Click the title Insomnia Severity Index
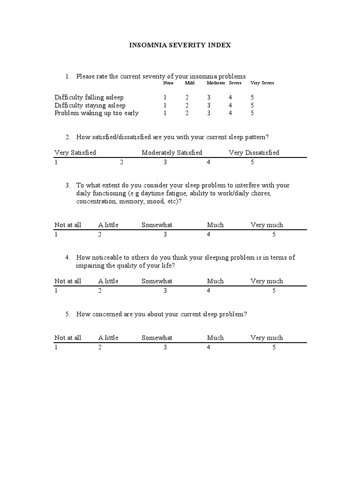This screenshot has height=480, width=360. point(180,45)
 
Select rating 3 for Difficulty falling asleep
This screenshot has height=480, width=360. point(209,97)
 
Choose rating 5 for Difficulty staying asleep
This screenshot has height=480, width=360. point(252,105)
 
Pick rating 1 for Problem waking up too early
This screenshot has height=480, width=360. point(165,113)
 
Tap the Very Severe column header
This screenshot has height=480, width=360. point(262,83)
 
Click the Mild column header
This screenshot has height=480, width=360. point(189,83)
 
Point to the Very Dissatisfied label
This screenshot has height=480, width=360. point(254,152)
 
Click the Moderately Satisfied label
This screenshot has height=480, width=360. point(172,152)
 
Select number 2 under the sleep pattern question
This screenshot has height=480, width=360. point(121,162)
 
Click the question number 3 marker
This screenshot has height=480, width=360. point(68,185)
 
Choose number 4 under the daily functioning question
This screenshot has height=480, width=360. point(209,234)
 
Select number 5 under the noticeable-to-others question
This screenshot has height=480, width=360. point(274,291)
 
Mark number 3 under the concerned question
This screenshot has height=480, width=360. point(165,347)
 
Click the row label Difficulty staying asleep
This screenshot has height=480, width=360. point(90,105)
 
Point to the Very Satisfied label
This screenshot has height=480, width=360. point(75,152)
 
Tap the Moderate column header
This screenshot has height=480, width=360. point(216,83)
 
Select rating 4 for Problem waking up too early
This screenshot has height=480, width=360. point(230,113)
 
